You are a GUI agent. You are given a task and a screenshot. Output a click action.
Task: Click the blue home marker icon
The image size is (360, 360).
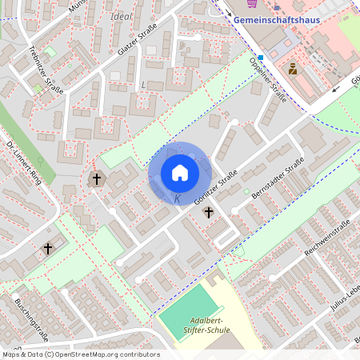179,173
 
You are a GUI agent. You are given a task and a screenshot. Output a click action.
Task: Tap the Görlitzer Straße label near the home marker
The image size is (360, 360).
215,189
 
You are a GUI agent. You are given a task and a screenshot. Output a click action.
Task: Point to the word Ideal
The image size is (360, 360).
122,16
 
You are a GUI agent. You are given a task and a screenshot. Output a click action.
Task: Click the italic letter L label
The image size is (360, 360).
143,84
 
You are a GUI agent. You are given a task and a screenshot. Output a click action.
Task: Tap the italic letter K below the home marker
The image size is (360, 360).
178,199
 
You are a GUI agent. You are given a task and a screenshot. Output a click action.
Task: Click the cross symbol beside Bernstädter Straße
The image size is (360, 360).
209,212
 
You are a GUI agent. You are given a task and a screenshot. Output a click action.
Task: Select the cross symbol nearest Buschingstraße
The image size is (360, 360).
47,249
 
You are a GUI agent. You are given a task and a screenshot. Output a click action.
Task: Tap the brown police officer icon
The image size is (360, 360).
293,69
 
